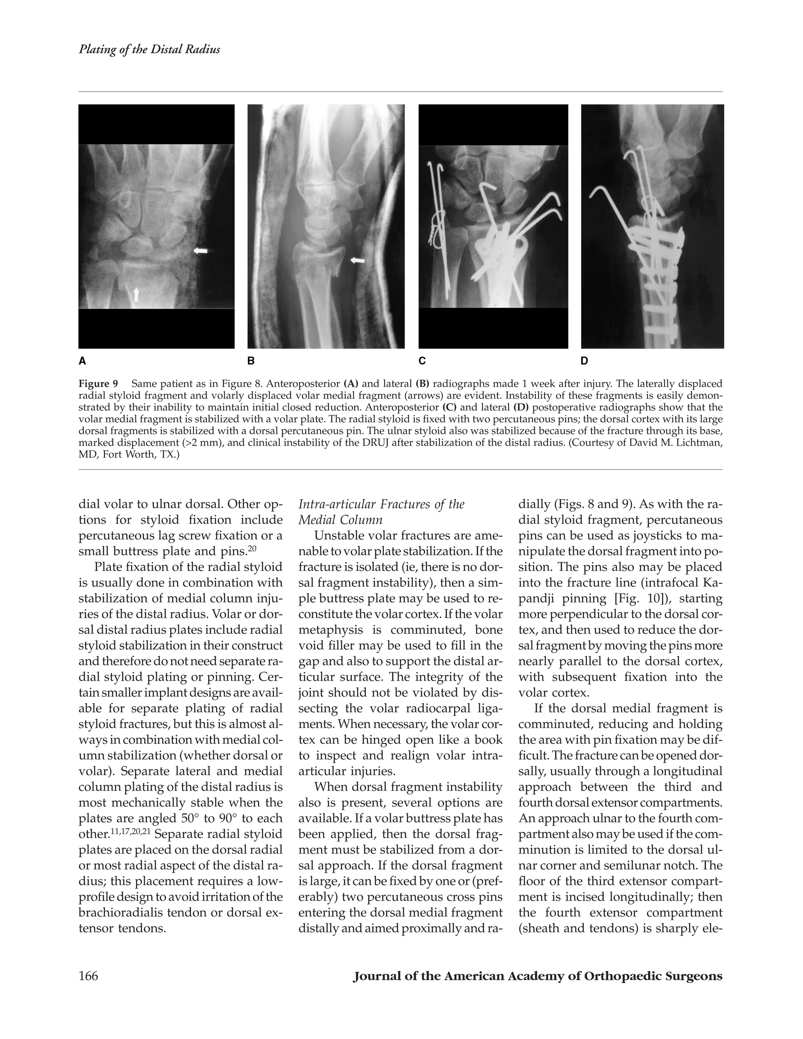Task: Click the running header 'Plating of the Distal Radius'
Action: [149, 49]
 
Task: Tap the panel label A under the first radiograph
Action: [82, 361]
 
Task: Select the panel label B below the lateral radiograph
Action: [251, 361]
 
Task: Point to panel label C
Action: [422, 361]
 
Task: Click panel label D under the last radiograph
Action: [585, 361]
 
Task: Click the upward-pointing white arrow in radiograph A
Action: [136, 294]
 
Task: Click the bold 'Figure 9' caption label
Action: [98, 384]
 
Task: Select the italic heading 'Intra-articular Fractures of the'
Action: [381, 504]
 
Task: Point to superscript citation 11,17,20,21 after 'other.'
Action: [129, 831]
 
